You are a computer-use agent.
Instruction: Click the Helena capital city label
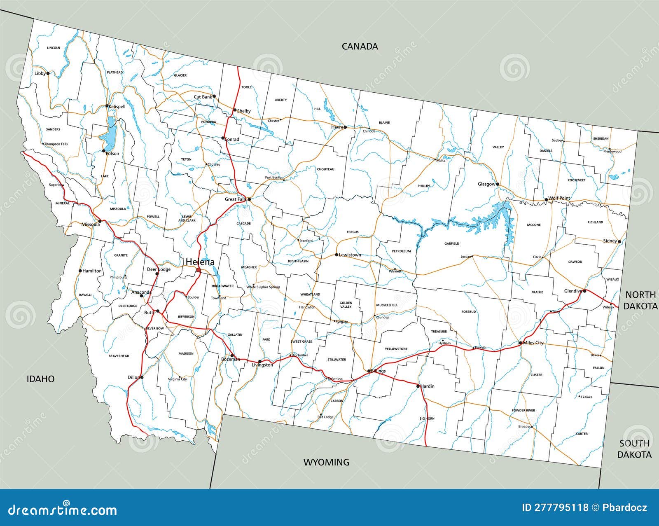[200, 262]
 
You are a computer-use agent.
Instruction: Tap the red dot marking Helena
[199, 270]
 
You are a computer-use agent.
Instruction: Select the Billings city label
[378, 371]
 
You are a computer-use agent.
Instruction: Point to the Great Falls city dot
[249, 199]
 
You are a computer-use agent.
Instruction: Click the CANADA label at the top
[360, 46]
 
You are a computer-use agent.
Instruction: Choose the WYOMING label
[326, 462]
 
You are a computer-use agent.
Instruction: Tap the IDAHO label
[40, 379]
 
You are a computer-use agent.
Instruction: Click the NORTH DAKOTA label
[640, 300]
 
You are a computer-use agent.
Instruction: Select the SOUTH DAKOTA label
[634, 449]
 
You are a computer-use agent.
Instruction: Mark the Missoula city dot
[100, 221]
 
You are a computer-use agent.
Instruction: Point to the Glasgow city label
[486, 184]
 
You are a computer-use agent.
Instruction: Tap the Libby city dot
[48, 73]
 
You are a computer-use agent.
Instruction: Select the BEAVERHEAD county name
[119, 355]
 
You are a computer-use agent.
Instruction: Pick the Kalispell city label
[117, 106]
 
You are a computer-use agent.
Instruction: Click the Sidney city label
[610, 241]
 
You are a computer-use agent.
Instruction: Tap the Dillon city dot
[142, 377]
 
